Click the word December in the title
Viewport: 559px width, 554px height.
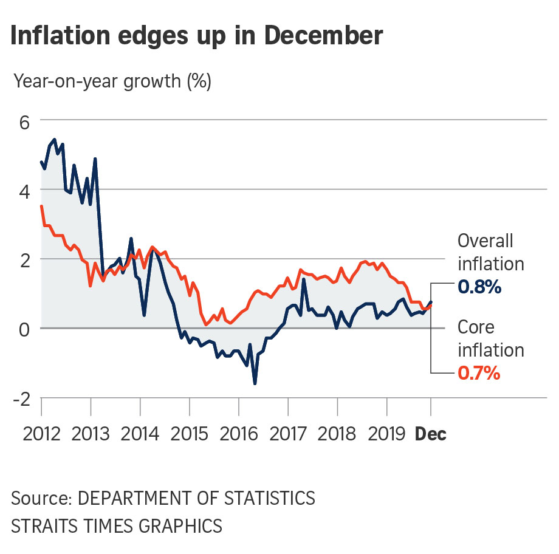pos(323,36)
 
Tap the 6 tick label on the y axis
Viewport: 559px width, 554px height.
pos(24,121)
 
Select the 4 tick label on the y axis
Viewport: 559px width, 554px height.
pos(24,190)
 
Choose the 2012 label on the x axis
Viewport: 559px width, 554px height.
pos(43,434)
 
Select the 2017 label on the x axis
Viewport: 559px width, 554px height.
pos(289,434)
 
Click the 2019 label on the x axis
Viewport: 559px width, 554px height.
pos(388,434)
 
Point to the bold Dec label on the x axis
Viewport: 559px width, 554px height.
pos(431,434)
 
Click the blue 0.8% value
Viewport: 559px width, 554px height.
pos(479,287)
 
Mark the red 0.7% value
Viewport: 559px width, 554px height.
pos(479,373)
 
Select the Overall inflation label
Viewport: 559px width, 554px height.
pos(490,252)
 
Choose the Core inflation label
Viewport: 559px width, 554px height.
pos(490,338)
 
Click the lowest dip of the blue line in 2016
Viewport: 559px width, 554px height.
pos(255,383)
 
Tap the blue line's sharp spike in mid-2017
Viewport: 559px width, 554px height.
pos(303,280)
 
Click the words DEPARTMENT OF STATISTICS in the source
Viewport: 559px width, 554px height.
pos(197,498)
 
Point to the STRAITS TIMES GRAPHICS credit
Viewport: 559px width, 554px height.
pos(117,525)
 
